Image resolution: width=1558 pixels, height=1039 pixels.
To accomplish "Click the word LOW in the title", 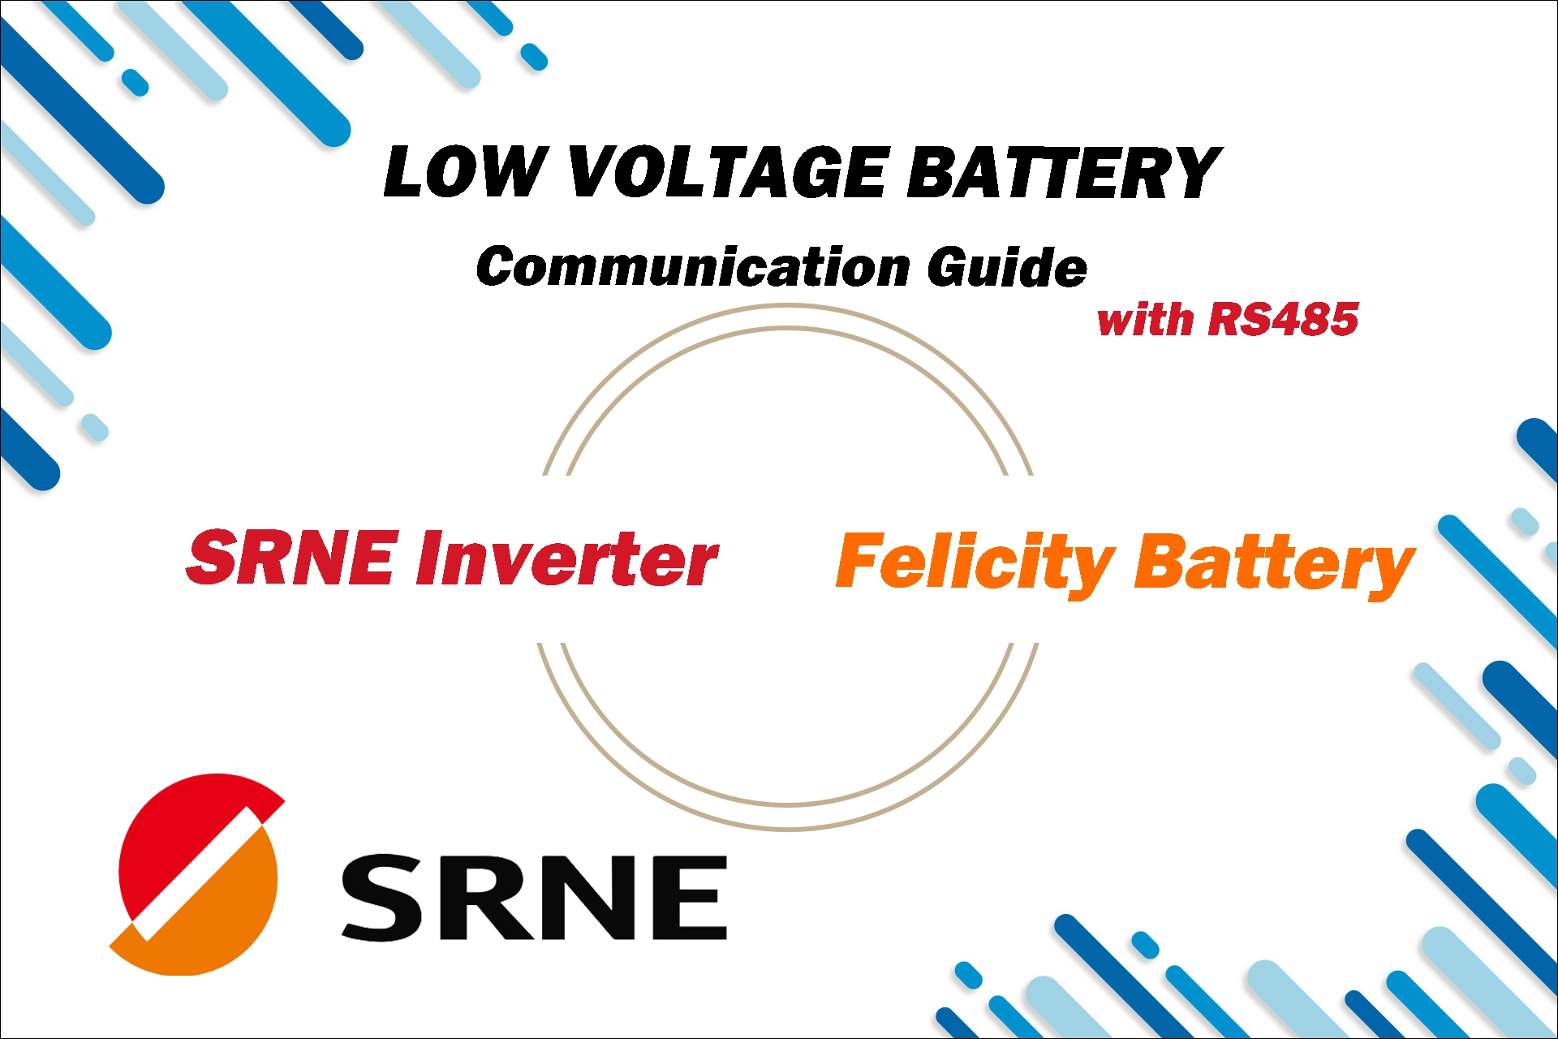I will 464,172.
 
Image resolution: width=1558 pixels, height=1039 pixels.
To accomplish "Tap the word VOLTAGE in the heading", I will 728,172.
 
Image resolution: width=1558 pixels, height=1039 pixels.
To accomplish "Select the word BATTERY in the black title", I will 1063,172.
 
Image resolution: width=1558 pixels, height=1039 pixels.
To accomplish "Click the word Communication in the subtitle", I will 694,267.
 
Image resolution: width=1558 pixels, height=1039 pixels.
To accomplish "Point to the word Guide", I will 1006,267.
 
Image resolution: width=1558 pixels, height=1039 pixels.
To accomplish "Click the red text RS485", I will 1282,318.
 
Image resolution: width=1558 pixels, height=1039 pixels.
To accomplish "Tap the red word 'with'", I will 1145,318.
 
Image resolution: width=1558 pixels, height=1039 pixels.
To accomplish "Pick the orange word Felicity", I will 974,563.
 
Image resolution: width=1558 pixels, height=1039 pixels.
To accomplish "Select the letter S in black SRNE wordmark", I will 381,898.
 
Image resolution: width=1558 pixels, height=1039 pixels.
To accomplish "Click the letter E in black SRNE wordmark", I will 686,898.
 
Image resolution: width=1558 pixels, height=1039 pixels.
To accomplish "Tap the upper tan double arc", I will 787,317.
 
